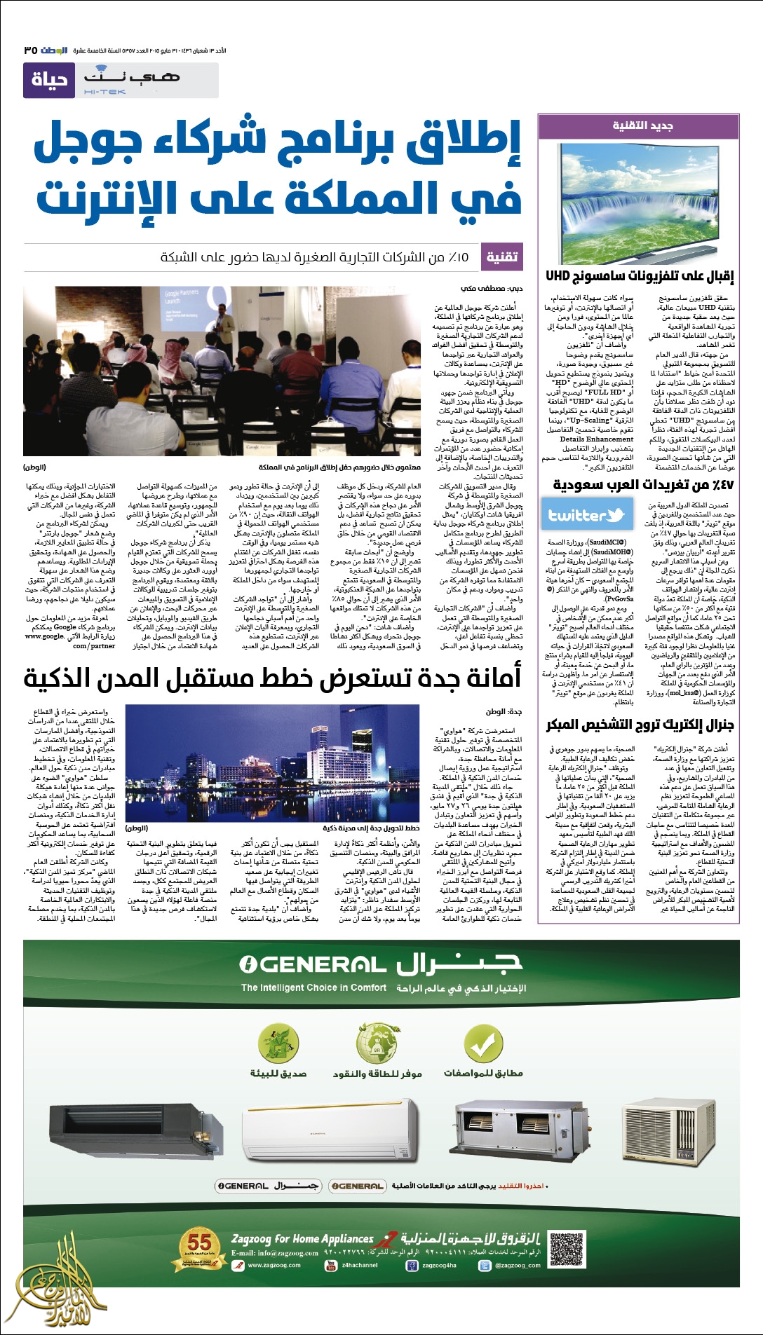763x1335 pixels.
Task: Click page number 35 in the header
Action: coord(30,50)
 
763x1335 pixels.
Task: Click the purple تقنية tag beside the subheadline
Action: coord(502,257)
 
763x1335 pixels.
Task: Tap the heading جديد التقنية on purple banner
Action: coord(643,125)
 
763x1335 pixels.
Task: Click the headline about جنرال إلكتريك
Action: coord(640,725)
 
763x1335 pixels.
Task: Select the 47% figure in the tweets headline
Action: coord(714,485)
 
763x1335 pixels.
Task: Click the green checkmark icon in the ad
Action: coord(482,1045)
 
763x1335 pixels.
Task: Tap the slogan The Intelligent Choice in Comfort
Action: coord(313,987)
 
